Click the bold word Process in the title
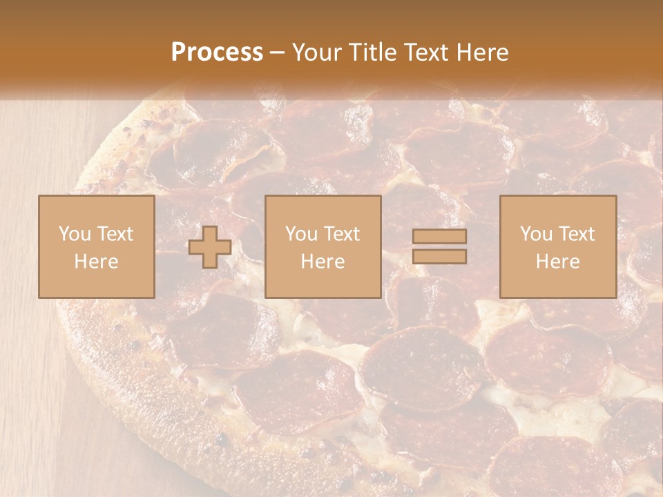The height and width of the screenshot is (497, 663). [217, 52]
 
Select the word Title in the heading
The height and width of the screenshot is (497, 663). [374, 52]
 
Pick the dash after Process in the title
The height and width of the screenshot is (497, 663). [278, 53]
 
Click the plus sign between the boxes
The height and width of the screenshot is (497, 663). [210, 247]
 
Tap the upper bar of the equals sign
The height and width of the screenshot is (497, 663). [439, 236]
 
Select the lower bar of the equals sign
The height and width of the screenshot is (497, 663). [439, 257]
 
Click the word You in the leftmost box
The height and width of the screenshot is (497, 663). [75, 234]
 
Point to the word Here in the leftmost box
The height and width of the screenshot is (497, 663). [96, 262]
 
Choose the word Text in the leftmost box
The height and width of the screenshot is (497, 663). [115, 234]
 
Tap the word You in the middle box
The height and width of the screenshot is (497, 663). [301, 234]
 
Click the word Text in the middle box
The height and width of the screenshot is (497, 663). [341, 234]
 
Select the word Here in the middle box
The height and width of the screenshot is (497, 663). [323, 262]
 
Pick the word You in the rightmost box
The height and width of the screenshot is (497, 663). [536, 234]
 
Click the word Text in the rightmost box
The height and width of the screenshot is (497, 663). [576, 234]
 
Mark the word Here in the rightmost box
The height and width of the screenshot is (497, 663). [557, 262]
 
